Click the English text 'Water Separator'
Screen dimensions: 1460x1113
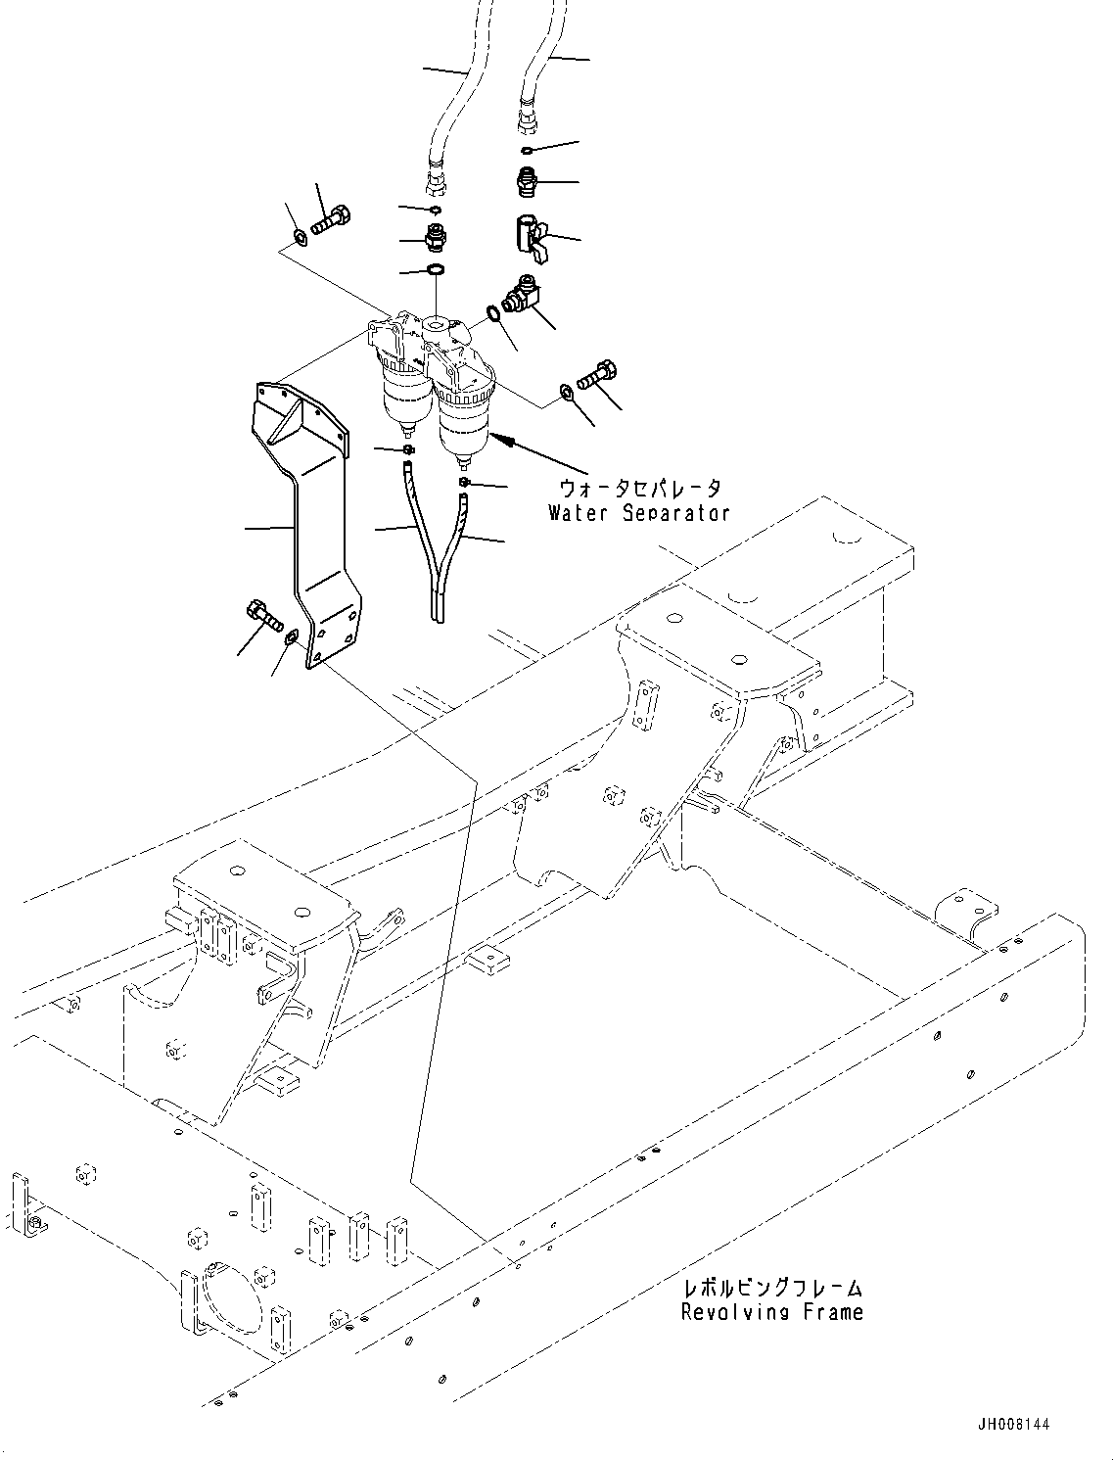click(x=638, y=513)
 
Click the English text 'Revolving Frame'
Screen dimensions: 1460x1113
click(x=772, y=1312)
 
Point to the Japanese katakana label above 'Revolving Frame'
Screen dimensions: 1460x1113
click(x=772, y=1289)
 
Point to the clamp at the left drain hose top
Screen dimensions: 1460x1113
click(x=406, y=449)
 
